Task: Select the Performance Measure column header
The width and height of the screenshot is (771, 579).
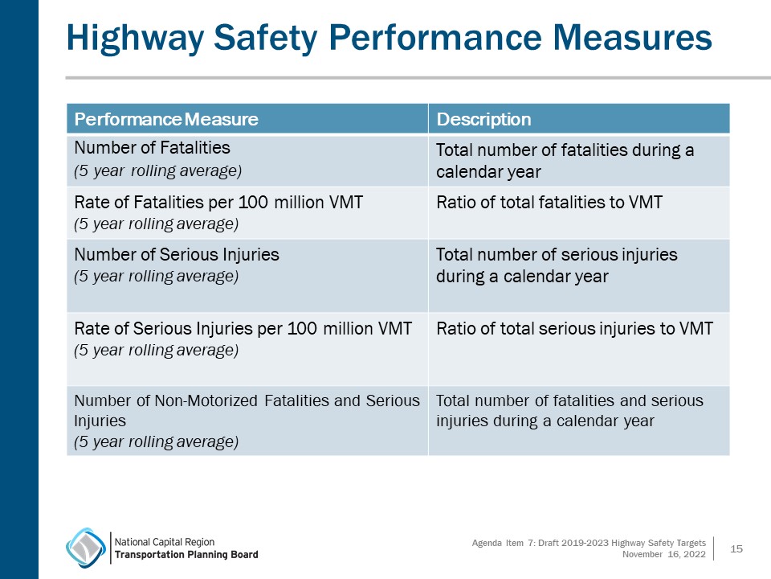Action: pos(166,120)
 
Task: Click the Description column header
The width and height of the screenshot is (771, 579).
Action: pos(483,120)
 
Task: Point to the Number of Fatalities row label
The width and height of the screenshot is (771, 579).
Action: pos(152,148)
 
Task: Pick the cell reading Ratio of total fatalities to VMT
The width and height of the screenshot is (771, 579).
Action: pos(549,203)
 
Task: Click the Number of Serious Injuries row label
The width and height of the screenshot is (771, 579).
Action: pos(177,255)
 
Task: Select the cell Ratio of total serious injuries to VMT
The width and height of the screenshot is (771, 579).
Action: pos(574,328)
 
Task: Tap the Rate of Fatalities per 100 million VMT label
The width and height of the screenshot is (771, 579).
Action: pos(218,203)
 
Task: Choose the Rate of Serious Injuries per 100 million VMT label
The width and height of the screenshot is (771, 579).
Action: pos(243,328)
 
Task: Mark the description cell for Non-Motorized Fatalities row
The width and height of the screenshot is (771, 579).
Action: pos(569,410)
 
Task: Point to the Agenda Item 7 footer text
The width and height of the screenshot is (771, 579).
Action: pos(588,544)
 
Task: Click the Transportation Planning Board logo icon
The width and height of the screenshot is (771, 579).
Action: pos(85,548)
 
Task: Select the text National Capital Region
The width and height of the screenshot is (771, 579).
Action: pos(165,541)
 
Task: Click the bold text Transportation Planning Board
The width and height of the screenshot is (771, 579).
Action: pos(186,555)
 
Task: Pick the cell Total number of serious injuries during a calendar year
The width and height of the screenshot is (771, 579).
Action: pos(557,265)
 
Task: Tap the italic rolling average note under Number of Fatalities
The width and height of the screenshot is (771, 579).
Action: pos(157,170)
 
